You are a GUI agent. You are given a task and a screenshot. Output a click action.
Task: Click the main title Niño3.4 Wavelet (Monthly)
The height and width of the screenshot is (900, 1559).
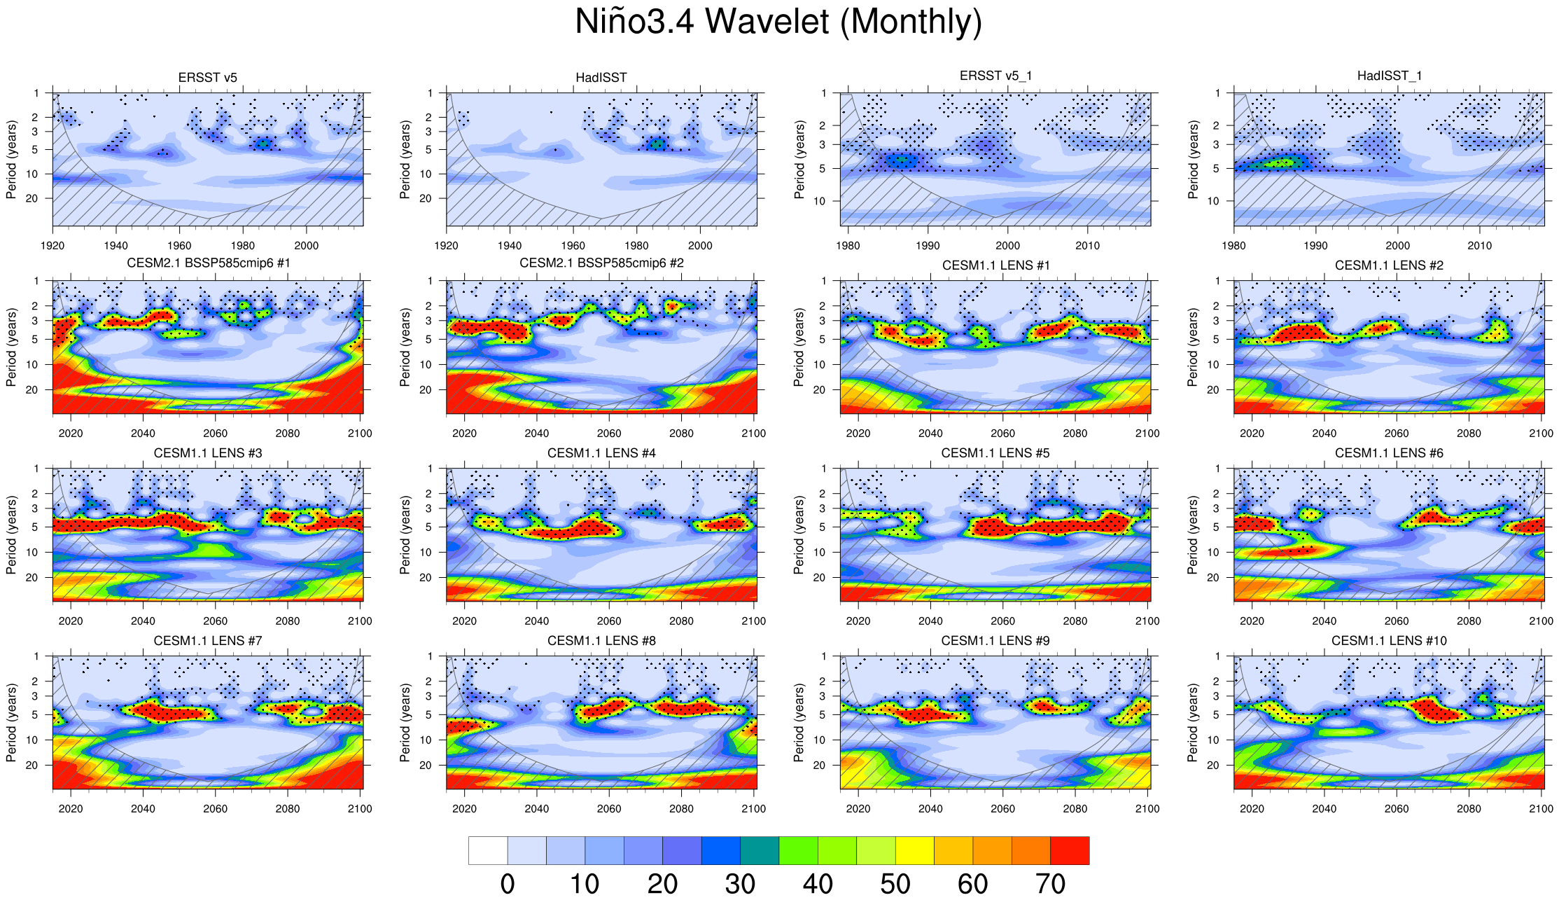coord(778,22)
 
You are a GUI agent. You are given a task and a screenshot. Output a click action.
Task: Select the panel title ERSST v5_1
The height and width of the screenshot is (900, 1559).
coord(995,76)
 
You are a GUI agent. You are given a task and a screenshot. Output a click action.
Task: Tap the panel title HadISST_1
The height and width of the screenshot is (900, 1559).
coord(1389,76)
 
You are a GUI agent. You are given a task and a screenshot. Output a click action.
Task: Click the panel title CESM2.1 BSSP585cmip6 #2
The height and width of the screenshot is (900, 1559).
coord(601,263)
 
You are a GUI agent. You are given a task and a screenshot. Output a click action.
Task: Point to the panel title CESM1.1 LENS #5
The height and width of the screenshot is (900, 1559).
coord(995,453)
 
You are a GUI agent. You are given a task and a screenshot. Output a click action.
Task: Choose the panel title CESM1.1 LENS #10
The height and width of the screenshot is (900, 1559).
coord(1389,641)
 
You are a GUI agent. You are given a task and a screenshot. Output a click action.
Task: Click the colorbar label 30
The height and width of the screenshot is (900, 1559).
coord(740,884)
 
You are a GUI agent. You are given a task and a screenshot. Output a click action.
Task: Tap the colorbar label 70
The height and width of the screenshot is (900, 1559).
coord(1050,884)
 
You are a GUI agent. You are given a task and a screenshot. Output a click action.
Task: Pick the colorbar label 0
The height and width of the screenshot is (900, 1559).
coord(508,884)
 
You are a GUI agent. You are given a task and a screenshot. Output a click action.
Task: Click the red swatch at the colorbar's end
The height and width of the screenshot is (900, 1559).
coord(1070,850)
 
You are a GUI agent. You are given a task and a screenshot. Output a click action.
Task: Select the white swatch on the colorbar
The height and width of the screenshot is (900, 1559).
coord(488,850)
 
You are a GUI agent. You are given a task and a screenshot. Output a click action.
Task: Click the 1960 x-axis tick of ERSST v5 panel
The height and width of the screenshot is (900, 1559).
coord(179,246)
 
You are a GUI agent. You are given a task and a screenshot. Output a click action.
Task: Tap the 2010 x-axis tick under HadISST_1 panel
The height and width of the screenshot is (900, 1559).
coord(1479,246)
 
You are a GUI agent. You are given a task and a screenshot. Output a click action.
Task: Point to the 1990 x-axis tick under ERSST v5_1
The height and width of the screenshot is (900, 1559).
coord(928,246)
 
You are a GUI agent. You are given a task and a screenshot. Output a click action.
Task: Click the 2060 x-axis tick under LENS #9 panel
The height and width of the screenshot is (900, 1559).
coord(1002,809)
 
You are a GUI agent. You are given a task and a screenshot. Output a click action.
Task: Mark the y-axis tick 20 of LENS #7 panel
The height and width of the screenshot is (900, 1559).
coord(32,766)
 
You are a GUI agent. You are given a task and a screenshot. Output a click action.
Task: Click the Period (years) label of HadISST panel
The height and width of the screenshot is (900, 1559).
coord(405,160)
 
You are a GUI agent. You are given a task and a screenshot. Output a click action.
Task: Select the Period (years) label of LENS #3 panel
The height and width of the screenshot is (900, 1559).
coord(11,535)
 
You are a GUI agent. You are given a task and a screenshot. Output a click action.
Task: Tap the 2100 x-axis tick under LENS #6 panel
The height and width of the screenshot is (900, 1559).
coord(1541,621)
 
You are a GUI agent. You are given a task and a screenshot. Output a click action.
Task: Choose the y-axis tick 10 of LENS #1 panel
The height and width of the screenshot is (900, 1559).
coord(819,365)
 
